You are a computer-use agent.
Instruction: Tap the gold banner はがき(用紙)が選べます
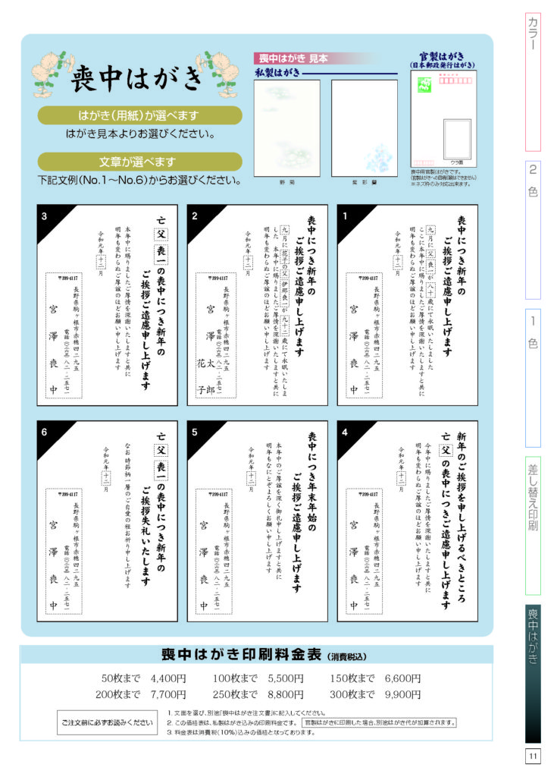139,115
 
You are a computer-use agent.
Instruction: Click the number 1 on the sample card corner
345,216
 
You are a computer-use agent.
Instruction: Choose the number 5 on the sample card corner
195,433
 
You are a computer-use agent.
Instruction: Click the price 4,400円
168,678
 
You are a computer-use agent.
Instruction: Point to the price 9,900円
402,694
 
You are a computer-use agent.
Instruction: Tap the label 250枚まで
235,694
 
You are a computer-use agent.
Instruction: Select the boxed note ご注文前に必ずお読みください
107,722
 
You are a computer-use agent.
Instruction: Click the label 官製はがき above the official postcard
443,56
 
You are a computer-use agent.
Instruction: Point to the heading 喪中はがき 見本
286,58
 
